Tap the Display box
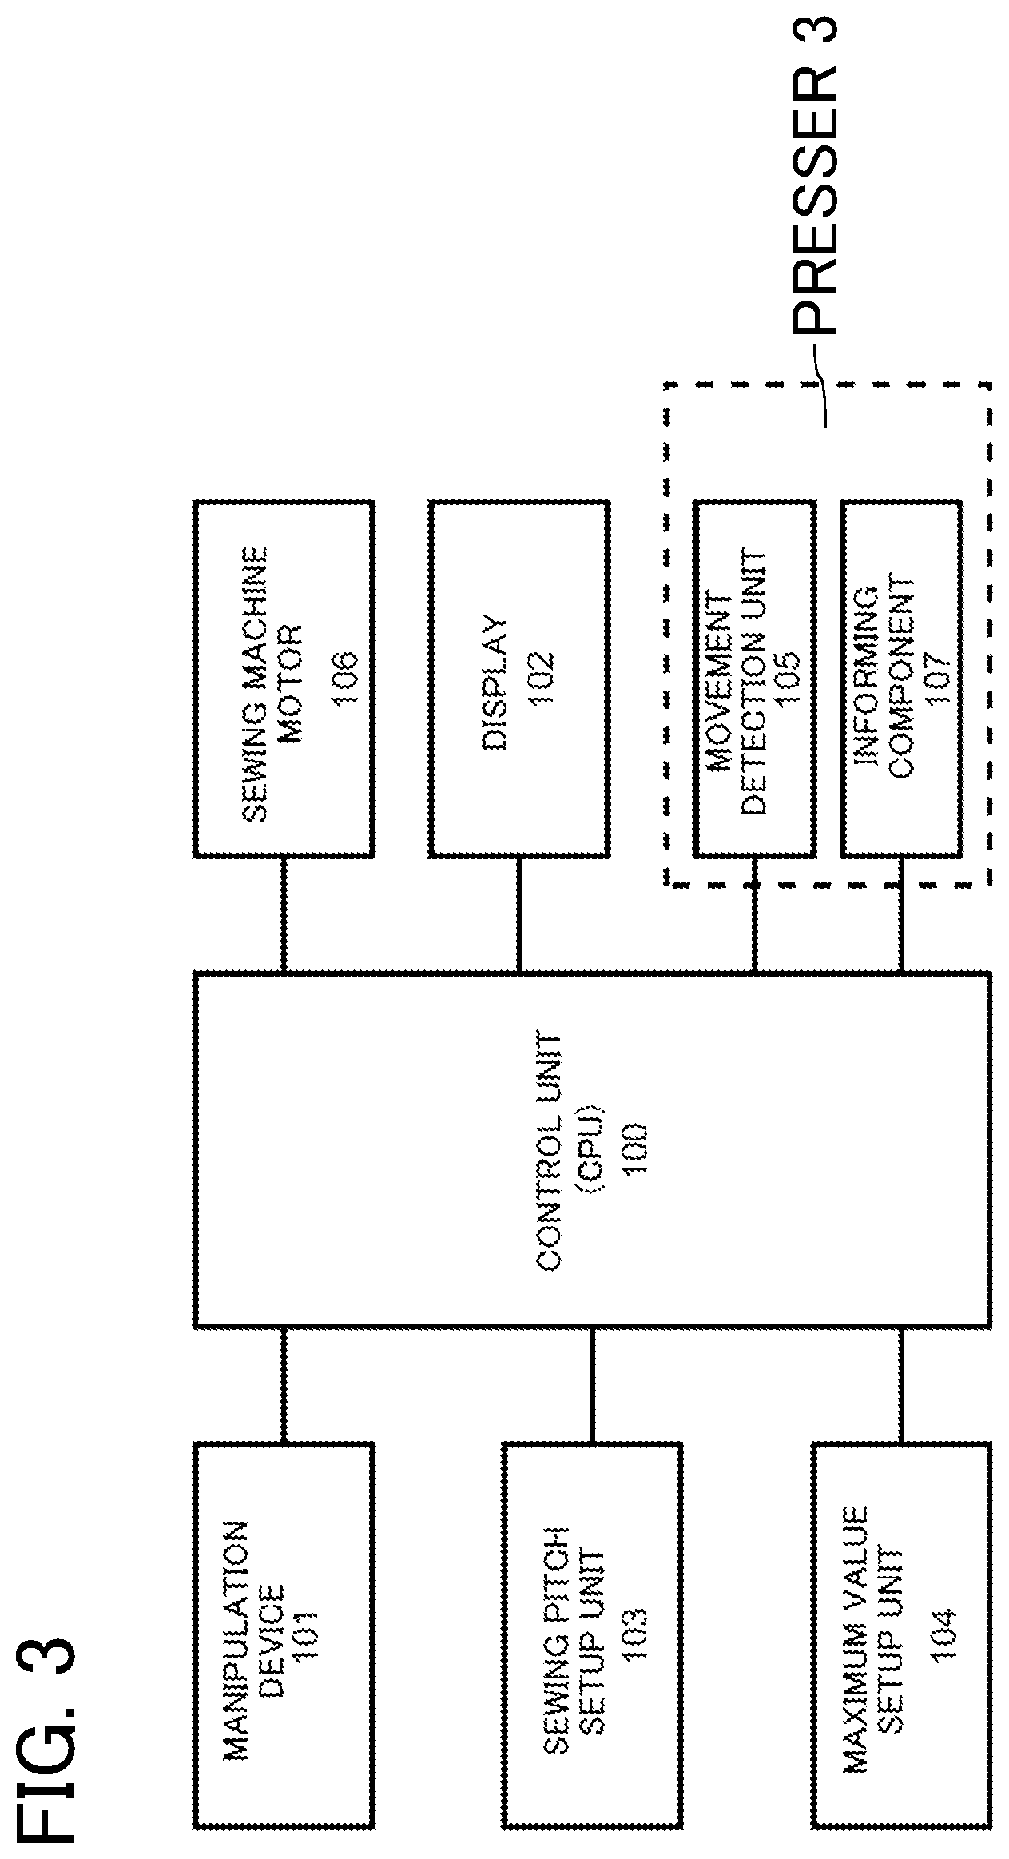519,679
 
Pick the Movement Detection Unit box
755,679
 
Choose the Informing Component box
901,679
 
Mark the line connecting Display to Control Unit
519,916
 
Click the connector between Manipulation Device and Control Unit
284,1385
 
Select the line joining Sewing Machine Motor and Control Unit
284,916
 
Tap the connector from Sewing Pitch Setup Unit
592,1385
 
